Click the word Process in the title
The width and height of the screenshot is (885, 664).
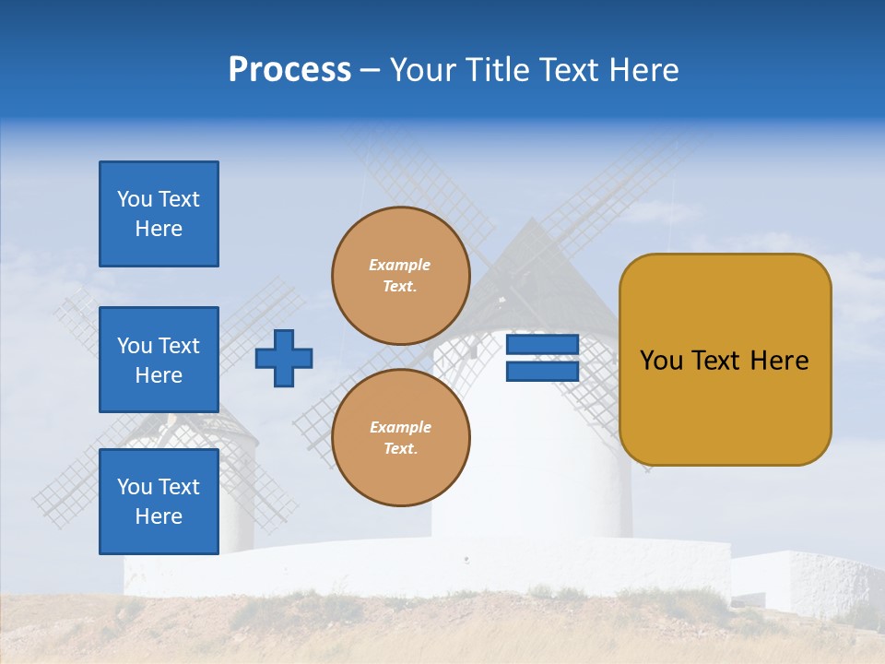click(289, 70)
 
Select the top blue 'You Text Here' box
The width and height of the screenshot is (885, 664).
click(159, 214)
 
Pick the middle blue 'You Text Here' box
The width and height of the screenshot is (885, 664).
click(159, 360)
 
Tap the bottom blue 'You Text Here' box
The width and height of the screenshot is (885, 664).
click(159, 501)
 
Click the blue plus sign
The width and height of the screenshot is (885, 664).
click(284, 358)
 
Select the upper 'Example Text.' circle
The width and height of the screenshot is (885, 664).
click(401, 276)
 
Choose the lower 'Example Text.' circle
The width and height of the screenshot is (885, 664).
click(401, 438)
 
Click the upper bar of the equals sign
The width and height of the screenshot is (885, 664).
click(542, 345)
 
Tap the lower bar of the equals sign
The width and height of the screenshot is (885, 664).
click(542, 371)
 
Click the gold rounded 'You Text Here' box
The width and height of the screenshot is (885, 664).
click(726, 360)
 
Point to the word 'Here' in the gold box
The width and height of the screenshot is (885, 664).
click(779, 361)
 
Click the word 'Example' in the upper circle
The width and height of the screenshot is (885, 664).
click(400, 266)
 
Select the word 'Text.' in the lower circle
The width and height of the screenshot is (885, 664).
click(400, 449)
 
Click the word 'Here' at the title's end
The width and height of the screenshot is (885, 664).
click(645, 70)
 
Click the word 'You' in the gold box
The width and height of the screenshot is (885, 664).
click(661, 361)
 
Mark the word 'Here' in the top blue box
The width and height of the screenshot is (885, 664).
click(159, 229)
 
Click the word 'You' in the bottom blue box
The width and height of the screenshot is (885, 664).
click(134, 487)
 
